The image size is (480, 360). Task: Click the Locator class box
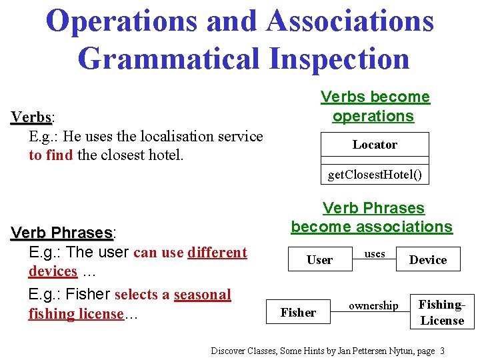pos(375,145)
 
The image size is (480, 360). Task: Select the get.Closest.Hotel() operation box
pos(375,175)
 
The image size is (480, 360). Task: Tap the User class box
pos(319,260)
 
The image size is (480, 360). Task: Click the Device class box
pos(428,260)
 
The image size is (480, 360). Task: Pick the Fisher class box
pos(299,312)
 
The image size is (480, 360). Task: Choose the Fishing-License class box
pos(441,312)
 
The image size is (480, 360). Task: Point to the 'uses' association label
pos(375,254)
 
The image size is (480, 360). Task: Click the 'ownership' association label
pos(373,305)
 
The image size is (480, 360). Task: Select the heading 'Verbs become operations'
pos(375,106)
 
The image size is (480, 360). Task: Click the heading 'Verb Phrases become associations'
pos(372,217)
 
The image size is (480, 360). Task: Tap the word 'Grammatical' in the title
pos(169,57)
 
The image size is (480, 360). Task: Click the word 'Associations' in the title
pos(350,21)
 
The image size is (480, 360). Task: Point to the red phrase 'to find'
pos(51,155)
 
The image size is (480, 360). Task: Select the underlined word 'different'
pos(217,253)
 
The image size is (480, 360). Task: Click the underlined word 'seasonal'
pos(202,295)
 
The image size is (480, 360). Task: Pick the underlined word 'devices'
pos(53,271)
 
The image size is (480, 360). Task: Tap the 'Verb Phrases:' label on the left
pos(63,233)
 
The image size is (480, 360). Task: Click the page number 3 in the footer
pos(442,351)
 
